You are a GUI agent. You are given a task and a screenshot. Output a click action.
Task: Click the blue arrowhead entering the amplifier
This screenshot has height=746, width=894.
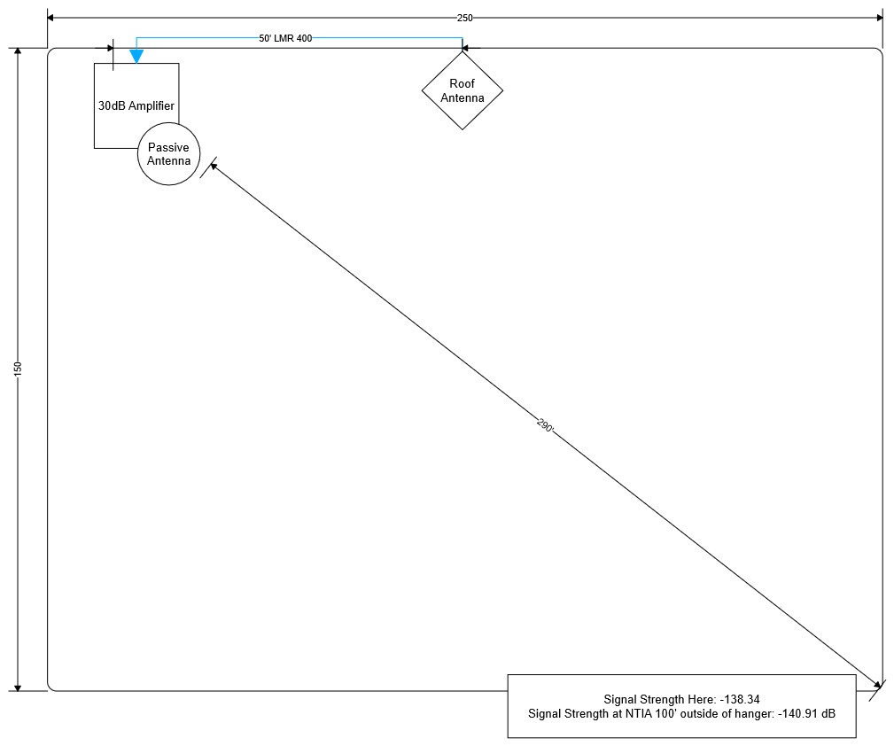(136, 56)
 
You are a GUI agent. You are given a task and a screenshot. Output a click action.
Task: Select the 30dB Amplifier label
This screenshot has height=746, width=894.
(136, 105)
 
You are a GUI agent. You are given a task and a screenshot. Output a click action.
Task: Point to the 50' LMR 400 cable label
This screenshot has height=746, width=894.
(285, 38)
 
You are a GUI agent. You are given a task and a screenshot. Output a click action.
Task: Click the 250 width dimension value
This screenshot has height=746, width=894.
(464, 18)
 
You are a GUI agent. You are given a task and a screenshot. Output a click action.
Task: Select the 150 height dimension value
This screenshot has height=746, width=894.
(18, 369)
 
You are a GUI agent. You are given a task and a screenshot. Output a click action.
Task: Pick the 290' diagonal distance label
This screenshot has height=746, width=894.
(545, 425)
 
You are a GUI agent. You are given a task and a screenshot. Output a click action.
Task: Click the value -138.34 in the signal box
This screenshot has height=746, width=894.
(740, 699)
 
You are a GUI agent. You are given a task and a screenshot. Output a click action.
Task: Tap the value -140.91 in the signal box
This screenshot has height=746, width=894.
(798, 713)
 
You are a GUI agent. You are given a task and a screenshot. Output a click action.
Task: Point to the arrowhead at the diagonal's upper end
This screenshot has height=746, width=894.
(214, 166)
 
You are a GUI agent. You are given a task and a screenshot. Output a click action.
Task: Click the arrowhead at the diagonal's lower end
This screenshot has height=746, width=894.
(878, 684)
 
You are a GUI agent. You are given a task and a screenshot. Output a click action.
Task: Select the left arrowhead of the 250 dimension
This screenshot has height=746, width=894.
(51, 18)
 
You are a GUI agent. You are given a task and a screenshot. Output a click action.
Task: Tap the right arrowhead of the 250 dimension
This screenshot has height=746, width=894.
(880, 18)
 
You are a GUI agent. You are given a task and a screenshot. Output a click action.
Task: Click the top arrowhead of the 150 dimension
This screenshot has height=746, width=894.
(18, 51)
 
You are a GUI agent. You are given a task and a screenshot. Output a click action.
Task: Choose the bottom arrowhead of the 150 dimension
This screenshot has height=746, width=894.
(18, 688)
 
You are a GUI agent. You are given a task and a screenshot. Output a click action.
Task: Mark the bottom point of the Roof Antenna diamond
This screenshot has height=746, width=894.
(463, 130)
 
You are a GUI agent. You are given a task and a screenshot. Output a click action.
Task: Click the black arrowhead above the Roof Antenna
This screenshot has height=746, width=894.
(465, 48)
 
